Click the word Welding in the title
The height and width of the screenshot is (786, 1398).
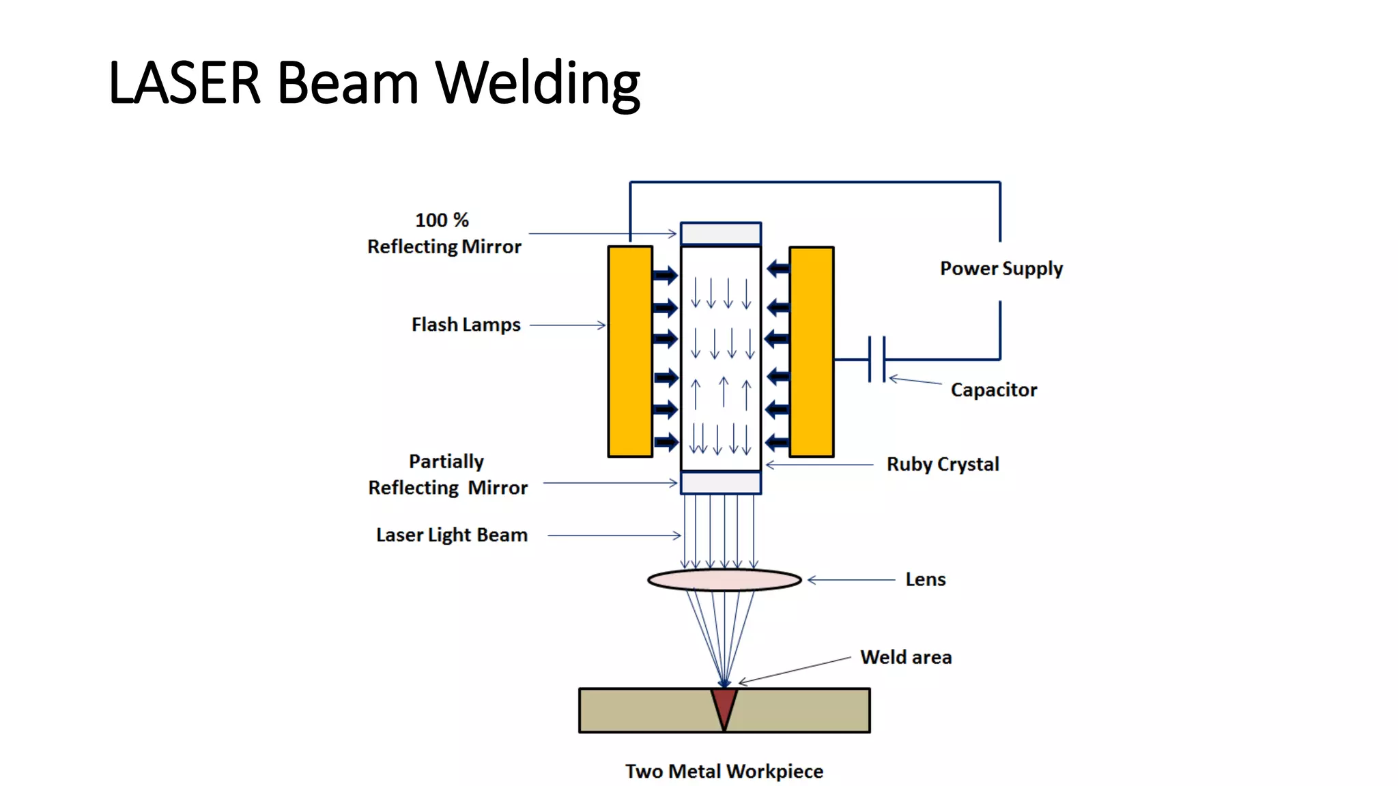[x=537, y=83]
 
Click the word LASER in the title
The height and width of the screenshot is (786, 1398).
[x=184, y=83]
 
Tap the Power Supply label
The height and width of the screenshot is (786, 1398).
[x=1001, y=268]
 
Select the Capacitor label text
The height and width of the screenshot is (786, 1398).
[x=993, y=390]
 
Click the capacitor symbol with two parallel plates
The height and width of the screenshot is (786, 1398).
[x=876, y=359]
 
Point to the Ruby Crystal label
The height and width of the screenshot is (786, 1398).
[x=942, y=464]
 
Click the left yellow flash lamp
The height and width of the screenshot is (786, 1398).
[x=630, y=351]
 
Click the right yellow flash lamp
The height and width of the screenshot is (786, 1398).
[x=811, y=351]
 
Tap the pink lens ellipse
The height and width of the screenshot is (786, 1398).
[x=724, y=580]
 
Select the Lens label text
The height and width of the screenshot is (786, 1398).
[x=925, y=579]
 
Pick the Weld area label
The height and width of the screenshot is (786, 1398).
[x=905, y=657]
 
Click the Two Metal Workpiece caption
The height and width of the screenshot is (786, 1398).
[x=724, y=771]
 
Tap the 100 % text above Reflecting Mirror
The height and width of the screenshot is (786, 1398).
[x=442, y=220]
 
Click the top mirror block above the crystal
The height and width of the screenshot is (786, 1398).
[x=721, y=233]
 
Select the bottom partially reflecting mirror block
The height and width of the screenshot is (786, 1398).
[x=721, y=483]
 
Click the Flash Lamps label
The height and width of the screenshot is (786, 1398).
[x=466, y=325]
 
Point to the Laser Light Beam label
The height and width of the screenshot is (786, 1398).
[x=451, y=535]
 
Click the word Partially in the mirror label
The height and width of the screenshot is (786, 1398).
[x=446, y=462]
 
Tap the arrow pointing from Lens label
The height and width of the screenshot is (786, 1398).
[x=851, y=580]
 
